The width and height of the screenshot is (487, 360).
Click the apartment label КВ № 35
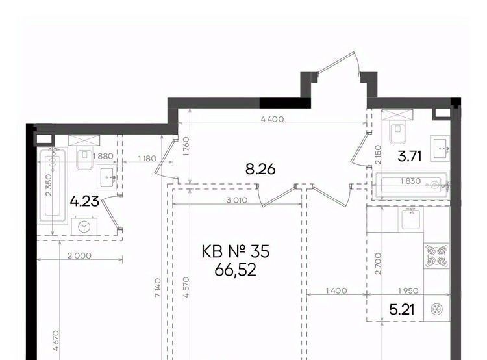coord(236,251)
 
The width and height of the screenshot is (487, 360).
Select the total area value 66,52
coord(236,270)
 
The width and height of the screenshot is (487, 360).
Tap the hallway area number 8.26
coord(260,170)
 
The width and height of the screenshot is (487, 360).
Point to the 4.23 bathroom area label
coord(84,201)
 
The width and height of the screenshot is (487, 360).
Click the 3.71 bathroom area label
coord(410,157)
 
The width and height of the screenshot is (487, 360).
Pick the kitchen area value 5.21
coord(401,309)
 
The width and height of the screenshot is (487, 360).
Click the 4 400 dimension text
coord(272,119)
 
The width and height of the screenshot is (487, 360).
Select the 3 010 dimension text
coord(237,200)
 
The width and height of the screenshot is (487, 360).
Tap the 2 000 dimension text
coord(80,255)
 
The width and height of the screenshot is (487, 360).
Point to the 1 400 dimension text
coord(336,290)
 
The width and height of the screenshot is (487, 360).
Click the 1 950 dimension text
coord(408,290)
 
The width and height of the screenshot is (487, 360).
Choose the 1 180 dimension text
coord(147,158)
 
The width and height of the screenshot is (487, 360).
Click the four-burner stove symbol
coord(437,256)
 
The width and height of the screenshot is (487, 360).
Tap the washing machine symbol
coord(84,226)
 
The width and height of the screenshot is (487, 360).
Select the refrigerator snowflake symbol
coord(437,309)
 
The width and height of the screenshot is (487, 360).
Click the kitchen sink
coord(411,220)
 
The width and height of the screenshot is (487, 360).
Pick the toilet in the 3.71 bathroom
coord(397,131)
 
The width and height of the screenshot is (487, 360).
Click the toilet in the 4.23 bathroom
coord(84,157)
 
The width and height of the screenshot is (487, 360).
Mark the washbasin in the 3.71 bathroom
coord(440,148)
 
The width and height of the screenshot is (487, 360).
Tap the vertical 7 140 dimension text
coord(158,289)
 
